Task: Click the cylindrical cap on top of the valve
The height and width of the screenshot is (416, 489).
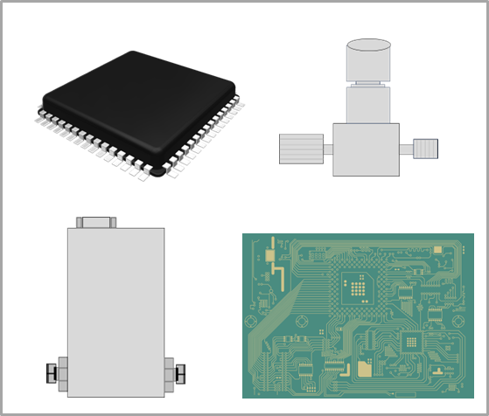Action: [368, 61]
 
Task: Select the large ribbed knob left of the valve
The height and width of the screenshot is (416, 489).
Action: [301, 149]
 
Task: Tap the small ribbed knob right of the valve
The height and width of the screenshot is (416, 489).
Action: [425, 149]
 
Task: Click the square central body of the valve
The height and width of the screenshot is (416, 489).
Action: [366, 149]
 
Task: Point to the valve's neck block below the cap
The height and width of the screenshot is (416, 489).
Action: [368, 105]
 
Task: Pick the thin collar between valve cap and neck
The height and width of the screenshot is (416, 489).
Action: [368, 84]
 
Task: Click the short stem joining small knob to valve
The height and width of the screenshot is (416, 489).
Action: [406, 149]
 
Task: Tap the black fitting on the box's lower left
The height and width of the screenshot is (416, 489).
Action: [52, 374]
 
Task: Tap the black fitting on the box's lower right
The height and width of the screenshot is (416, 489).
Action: [180, 374]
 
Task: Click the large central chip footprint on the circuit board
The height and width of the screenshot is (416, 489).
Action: [355, 287]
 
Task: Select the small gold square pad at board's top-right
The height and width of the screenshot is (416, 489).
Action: [437, 250]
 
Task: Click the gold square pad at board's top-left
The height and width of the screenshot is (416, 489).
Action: [270, 256]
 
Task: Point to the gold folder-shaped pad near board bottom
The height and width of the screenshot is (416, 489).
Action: [364, 368]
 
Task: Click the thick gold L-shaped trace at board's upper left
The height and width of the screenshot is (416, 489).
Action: [281, 273]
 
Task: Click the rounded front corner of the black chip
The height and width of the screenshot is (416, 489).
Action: [157, 172]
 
